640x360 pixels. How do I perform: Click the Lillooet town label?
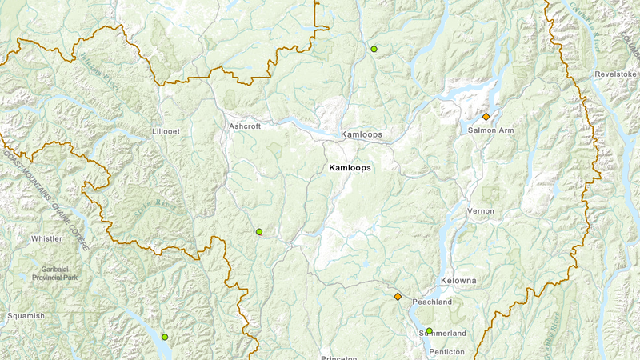click(167, 130)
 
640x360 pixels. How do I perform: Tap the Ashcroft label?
click(245, 126)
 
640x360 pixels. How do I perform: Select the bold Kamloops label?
click(350, 168)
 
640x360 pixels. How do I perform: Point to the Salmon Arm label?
click(491, 130)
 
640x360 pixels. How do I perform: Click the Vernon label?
click(482, 210)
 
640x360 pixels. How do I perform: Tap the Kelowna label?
click(458, 281)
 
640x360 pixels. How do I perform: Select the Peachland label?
click(432, 302)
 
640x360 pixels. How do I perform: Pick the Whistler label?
click(46, 238)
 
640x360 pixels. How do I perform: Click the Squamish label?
click(27, 316)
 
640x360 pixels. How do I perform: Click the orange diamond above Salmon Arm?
click(486, 116)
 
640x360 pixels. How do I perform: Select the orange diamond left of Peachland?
click(398, 297)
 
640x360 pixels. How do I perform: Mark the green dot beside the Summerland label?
click(429, 330)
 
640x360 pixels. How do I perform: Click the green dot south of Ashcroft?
click(258, 232)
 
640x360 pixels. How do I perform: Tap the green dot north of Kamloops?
click(374, 49)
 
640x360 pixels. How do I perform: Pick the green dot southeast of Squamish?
click(165, 337)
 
